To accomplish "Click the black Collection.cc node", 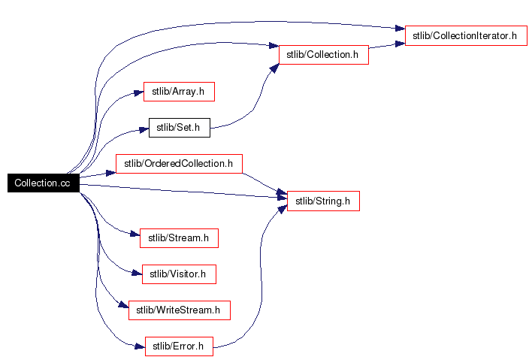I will tap(43, 183).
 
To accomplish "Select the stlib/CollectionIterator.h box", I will tap(466, 35).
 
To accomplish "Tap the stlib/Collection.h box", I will tap(323, 55).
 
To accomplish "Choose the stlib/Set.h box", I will tap(179, 128).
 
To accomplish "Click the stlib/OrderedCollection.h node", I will tap(179, 163).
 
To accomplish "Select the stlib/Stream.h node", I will tap(179, 238).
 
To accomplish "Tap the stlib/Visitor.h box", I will tap(179, 274).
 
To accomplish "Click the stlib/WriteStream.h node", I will tap(179, 310).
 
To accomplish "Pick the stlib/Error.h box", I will tap(179, 346).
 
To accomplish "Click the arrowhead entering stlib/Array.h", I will tap(138, 92).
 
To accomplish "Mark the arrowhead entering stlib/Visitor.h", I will tap(138, 274).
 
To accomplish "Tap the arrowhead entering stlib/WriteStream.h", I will tap(124, 307).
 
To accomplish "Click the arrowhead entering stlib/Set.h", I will tap(144, 129).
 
